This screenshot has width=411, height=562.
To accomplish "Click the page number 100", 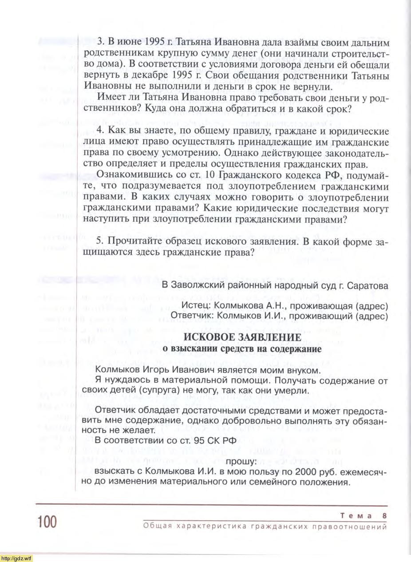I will (47, 522).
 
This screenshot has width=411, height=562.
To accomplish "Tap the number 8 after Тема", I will (384, 515).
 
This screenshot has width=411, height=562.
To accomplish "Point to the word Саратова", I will (367, 286).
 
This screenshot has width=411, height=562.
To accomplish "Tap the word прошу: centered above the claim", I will (241, 462).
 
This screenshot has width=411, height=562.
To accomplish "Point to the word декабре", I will (150, 76).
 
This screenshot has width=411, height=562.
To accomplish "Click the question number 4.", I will (100, 131).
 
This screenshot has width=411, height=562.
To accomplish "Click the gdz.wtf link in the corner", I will (16, 558).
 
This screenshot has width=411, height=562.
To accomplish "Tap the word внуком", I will (302, 370).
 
